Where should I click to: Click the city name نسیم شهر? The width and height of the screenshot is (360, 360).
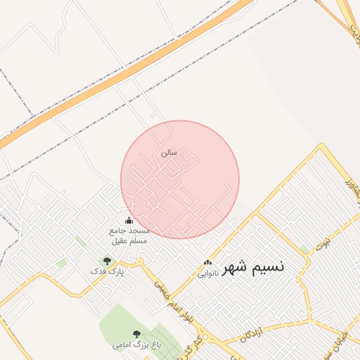click(254, 268)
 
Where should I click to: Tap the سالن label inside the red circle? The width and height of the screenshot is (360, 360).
click(169, 152)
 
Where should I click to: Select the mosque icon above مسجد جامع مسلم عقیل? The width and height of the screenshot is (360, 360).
click(128, 220)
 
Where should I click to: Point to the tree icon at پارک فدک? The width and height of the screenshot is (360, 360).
click(107, 261)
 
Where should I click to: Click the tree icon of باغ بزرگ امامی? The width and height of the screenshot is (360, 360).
click(136, 335)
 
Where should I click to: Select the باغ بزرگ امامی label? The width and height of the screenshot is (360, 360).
click(136, 345)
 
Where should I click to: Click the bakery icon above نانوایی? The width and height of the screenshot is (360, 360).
click(207, 262)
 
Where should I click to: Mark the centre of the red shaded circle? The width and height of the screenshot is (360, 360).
click(180, 179)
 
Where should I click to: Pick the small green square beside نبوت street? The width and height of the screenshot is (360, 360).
click(304, 250)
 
